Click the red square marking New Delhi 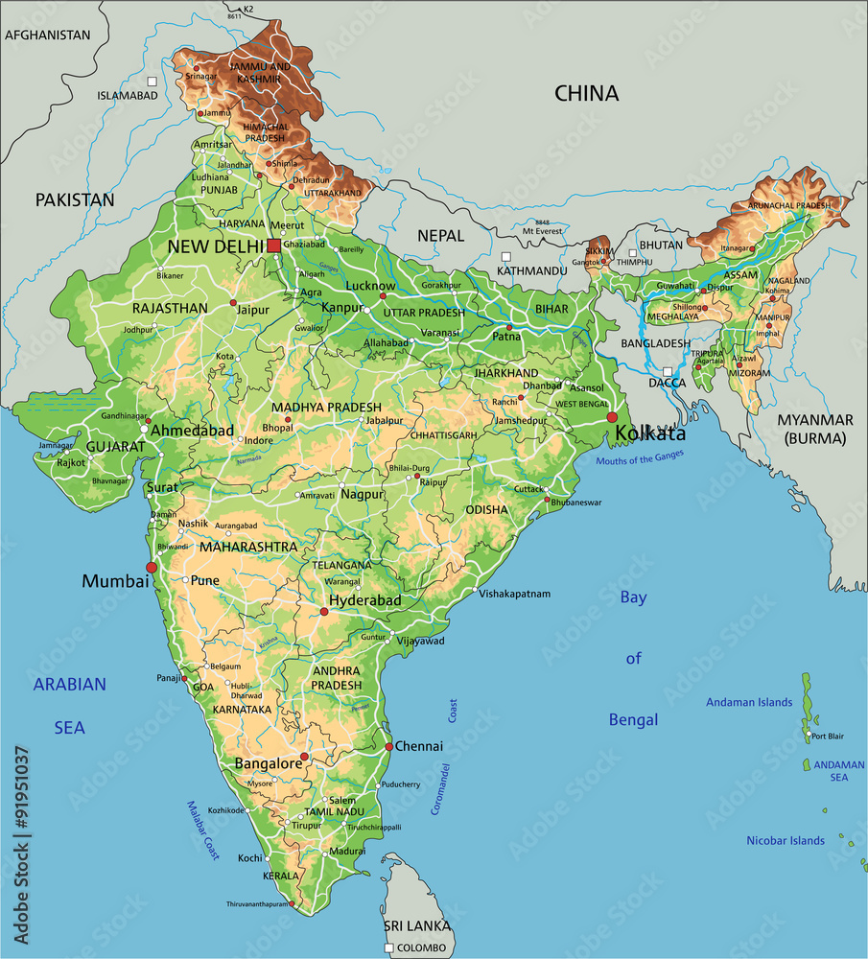pos(274,246)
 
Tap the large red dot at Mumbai pos(152,568)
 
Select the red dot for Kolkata pos(612,417)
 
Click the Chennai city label pos(419,746)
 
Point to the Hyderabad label pos(364,600)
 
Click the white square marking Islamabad pos(152,82)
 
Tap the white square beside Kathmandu pos(505,256)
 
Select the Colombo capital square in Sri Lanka pos(388,947)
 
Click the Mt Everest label pos(544,231)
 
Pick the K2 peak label pos(248,10)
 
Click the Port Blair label pos(827,737)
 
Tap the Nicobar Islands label pos(786,841)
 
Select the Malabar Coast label pos(204,830)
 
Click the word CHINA pos(586,93)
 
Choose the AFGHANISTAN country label pos(48,35)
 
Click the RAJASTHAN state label pos(170,308)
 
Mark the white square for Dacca pos(667,370)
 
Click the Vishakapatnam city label pos(515,594)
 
